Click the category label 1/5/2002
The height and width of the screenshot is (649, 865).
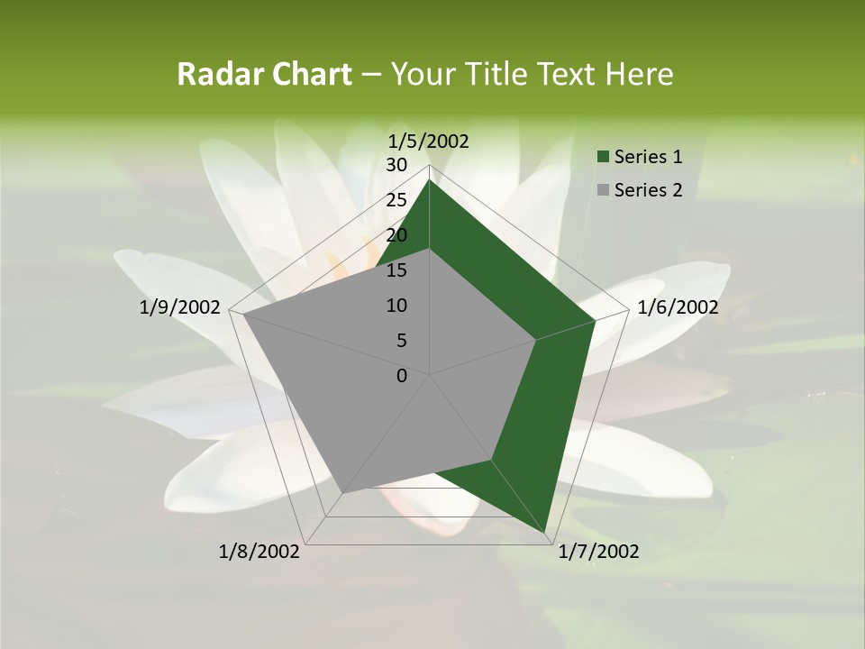[429, 141]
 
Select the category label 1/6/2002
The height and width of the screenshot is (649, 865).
[678, 307]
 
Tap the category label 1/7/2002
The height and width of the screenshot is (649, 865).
[598, 552]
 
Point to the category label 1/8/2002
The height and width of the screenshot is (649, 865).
[259, 552]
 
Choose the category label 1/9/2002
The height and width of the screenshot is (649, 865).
[180, 307]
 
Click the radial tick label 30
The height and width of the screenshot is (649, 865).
[396, 165]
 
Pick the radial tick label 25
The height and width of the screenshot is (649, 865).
[396, 200]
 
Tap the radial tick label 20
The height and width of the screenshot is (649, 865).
[396, 235]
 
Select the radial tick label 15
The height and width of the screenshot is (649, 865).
[396, 270]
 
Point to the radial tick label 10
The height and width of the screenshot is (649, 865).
[396, 306]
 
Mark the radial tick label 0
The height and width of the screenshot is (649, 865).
[402, 376]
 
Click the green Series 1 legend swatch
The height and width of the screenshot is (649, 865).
[603, 157]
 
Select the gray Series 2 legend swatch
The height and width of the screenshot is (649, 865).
[603, 190]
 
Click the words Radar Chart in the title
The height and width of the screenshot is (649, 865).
[264, 75]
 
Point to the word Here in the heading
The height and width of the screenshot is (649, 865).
[639, 75]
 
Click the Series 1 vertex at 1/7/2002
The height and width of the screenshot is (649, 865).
[548, 535]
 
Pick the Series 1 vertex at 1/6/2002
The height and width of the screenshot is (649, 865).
[595, 320]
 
